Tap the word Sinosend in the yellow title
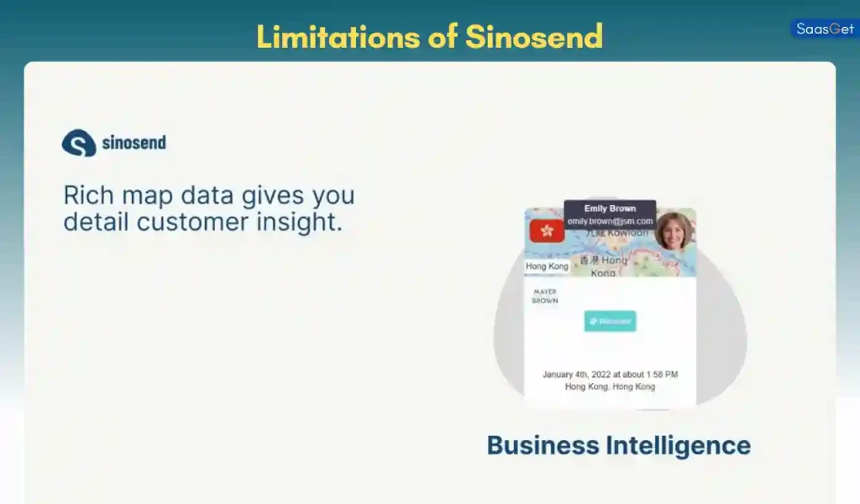[x=534, y=36]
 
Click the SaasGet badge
[x=825, y=29]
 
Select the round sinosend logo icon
[x=78, y=143]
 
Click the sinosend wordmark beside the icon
[x=134, y=143]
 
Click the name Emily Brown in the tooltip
[x=610, y=208]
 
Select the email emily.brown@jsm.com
[x=610, y=221]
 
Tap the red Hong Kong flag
[x=547, y=230]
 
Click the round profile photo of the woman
[x=674, y=232]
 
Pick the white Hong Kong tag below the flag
[x=547, y=266]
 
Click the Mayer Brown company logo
[x=545, y=296]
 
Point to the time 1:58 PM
[x=662, y=375]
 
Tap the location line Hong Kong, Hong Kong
[x=610, y=386]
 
